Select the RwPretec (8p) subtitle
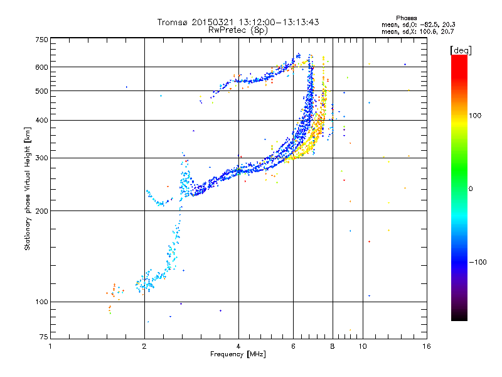coord(238,30)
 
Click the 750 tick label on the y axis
coord(41,40)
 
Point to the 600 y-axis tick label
coord(41,67)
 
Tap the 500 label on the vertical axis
coord(41,91)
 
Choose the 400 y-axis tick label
coord(41,121)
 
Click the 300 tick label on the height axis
coord(41,158)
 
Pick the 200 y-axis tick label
coord(41,211)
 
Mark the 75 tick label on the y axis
coord(44,337)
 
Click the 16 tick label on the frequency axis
coord(427,346)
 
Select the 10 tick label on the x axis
coord(363,346)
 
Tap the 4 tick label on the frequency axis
coord(238,346)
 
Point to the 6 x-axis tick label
coord(293,346)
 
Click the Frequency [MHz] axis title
coord(238,354)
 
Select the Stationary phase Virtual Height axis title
coord(28,188)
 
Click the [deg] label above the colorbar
coord(461,50)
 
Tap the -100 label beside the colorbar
coord(478,262)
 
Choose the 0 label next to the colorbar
coord(471,189)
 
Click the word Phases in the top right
coord(406,18)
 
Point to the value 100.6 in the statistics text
coord(427,32)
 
